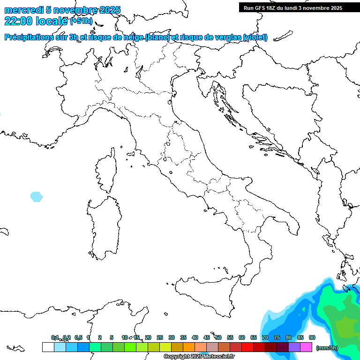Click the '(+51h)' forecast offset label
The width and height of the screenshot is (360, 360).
point(81,21)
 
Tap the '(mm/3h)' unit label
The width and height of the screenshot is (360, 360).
point(327,347)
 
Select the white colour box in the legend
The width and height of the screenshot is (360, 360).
point(48,347)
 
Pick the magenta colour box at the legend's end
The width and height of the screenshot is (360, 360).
point(306,347)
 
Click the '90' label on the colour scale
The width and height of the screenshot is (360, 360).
point(312,337)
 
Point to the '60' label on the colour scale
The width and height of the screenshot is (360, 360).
point(242,337)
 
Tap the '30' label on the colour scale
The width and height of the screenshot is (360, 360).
point(172,337)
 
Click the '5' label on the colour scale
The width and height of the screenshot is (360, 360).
point(112,337)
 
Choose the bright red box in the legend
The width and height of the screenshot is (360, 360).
point(247,347)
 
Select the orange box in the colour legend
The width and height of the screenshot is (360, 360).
point(189,347)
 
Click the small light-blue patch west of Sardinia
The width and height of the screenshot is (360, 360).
point(36,196)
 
